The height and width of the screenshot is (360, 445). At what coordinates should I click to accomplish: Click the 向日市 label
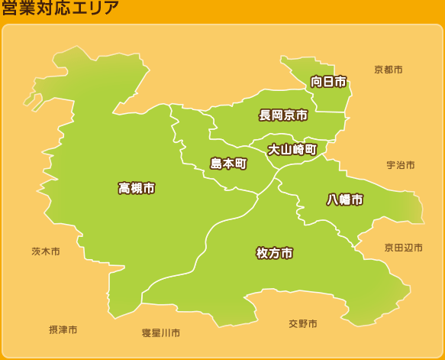point(328,82)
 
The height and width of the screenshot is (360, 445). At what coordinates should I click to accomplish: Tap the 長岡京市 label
point(283,115)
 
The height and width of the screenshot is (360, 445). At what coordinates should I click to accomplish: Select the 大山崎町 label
point(292,150)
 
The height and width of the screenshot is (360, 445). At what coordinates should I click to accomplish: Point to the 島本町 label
point(228,164)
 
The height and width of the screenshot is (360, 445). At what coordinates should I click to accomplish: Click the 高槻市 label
point(137,188)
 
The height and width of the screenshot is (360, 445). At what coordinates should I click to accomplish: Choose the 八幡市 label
point(345,199)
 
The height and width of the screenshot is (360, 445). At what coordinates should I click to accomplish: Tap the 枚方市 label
point(274,253)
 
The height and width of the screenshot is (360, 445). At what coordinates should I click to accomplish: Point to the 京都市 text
point(388,70)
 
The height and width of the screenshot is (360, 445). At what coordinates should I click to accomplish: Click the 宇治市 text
point(400,165)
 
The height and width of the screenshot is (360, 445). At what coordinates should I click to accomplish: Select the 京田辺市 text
point(403,248)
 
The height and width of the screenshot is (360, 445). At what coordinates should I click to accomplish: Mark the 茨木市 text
point(45,251)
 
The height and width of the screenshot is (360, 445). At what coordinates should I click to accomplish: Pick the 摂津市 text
point(63,329)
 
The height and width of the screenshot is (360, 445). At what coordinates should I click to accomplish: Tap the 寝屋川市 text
point(161,333)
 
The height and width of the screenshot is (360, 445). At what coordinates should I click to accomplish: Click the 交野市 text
point(302,324)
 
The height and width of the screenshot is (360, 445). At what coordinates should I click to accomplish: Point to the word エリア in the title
point(98,9)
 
